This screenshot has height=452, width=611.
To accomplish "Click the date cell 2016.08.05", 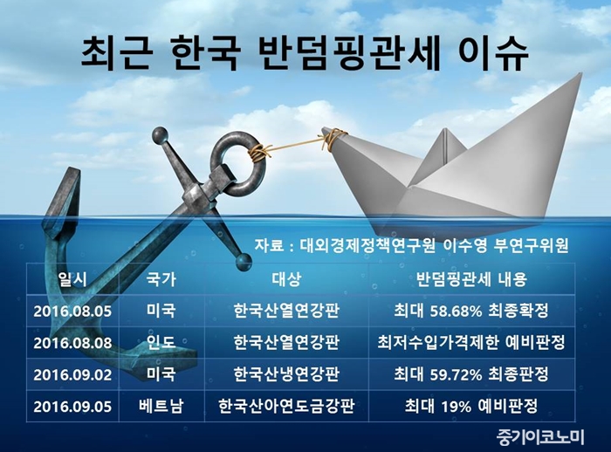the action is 72,312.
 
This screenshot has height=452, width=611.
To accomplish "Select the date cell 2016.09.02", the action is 72,375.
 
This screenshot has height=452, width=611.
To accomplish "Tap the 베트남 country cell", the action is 161,407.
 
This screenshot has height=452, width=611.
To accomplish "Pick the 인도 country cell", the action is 161,343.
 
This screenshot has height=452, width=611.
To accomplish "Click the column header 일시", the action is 72,279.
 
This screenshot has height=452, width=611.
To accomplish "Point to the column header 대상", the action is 286,279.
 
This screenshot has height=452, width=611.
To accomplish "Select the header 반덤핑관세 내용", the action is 471,279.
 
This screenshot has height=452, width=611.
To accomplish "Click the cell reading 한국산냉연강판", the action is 286,374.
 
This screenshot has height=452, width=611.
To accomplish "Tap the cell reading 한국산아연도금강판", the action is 286,407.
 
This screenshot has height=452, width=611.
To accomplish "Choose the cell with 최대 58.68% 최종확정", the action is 471,311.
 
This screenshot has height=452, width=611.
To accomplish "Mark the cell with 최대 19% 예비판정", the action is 471,407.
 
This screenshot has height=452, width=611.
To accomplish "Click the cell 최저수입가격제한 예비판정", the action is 471,343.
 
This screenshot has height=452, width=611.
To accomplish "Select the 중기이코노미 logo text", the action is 541,437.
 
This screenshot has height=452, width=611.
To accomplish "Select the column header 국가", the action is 161,279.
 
